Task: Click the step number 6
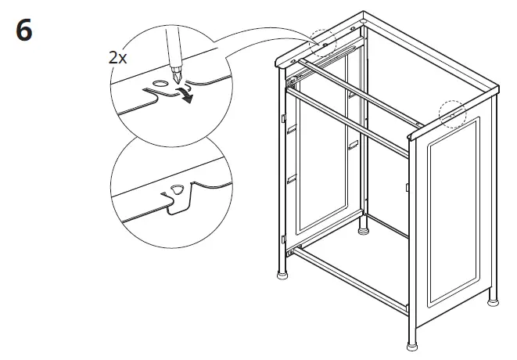coord(23,34)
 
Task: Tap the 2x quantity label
coord(118,57)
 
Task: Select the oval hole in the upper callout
coord(160,82)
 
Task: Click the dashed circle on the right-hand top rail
coord(452,113)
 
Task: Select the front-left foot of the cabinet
coord(280,275)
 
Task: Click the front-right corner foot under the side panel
coord(412,345)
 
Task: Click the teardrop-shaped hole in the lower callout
coord(176,189)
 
